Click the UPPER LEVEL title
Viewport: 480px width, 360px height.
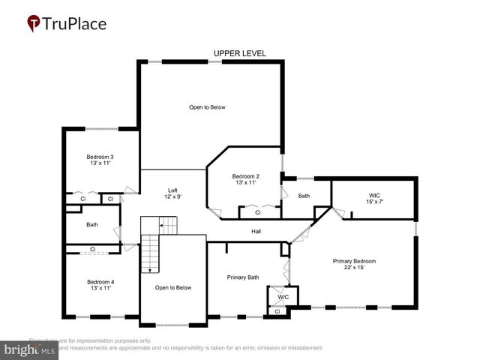tap(239, 53)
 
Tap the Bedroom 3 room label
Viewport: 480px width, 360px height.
tap(100, 157)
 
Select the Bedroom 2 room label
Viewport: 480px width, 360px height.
tap(246, 175)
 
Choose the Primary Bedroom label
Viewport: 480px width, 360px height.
tap(354, 261)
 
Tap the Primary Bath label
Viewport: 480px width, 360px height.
tap(243, 277)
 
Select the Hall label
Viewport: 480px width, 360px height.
tap(256, 231)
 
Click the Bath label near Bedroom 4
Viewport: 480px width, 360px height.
tap(91, 224)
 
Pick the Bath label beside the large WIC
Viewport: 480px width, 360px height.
tap(304, 196)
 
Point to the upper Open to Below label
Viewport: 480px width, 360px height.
tap(207, 107)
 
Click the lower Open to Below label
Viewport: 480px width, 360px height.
tap(173, 287)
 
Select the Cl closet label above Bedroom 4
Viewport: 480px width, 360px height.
tap(93, 249)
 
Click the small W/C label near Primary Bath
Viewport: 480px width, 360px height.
tap(283, 297)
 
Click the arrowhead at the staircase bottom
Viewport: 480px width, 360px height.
tap(150, 269)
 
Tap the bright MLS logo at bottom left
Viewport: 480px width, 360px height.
tap(29, 349)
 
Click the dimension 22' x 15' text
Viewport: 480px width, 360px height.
tap(354, 268)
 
